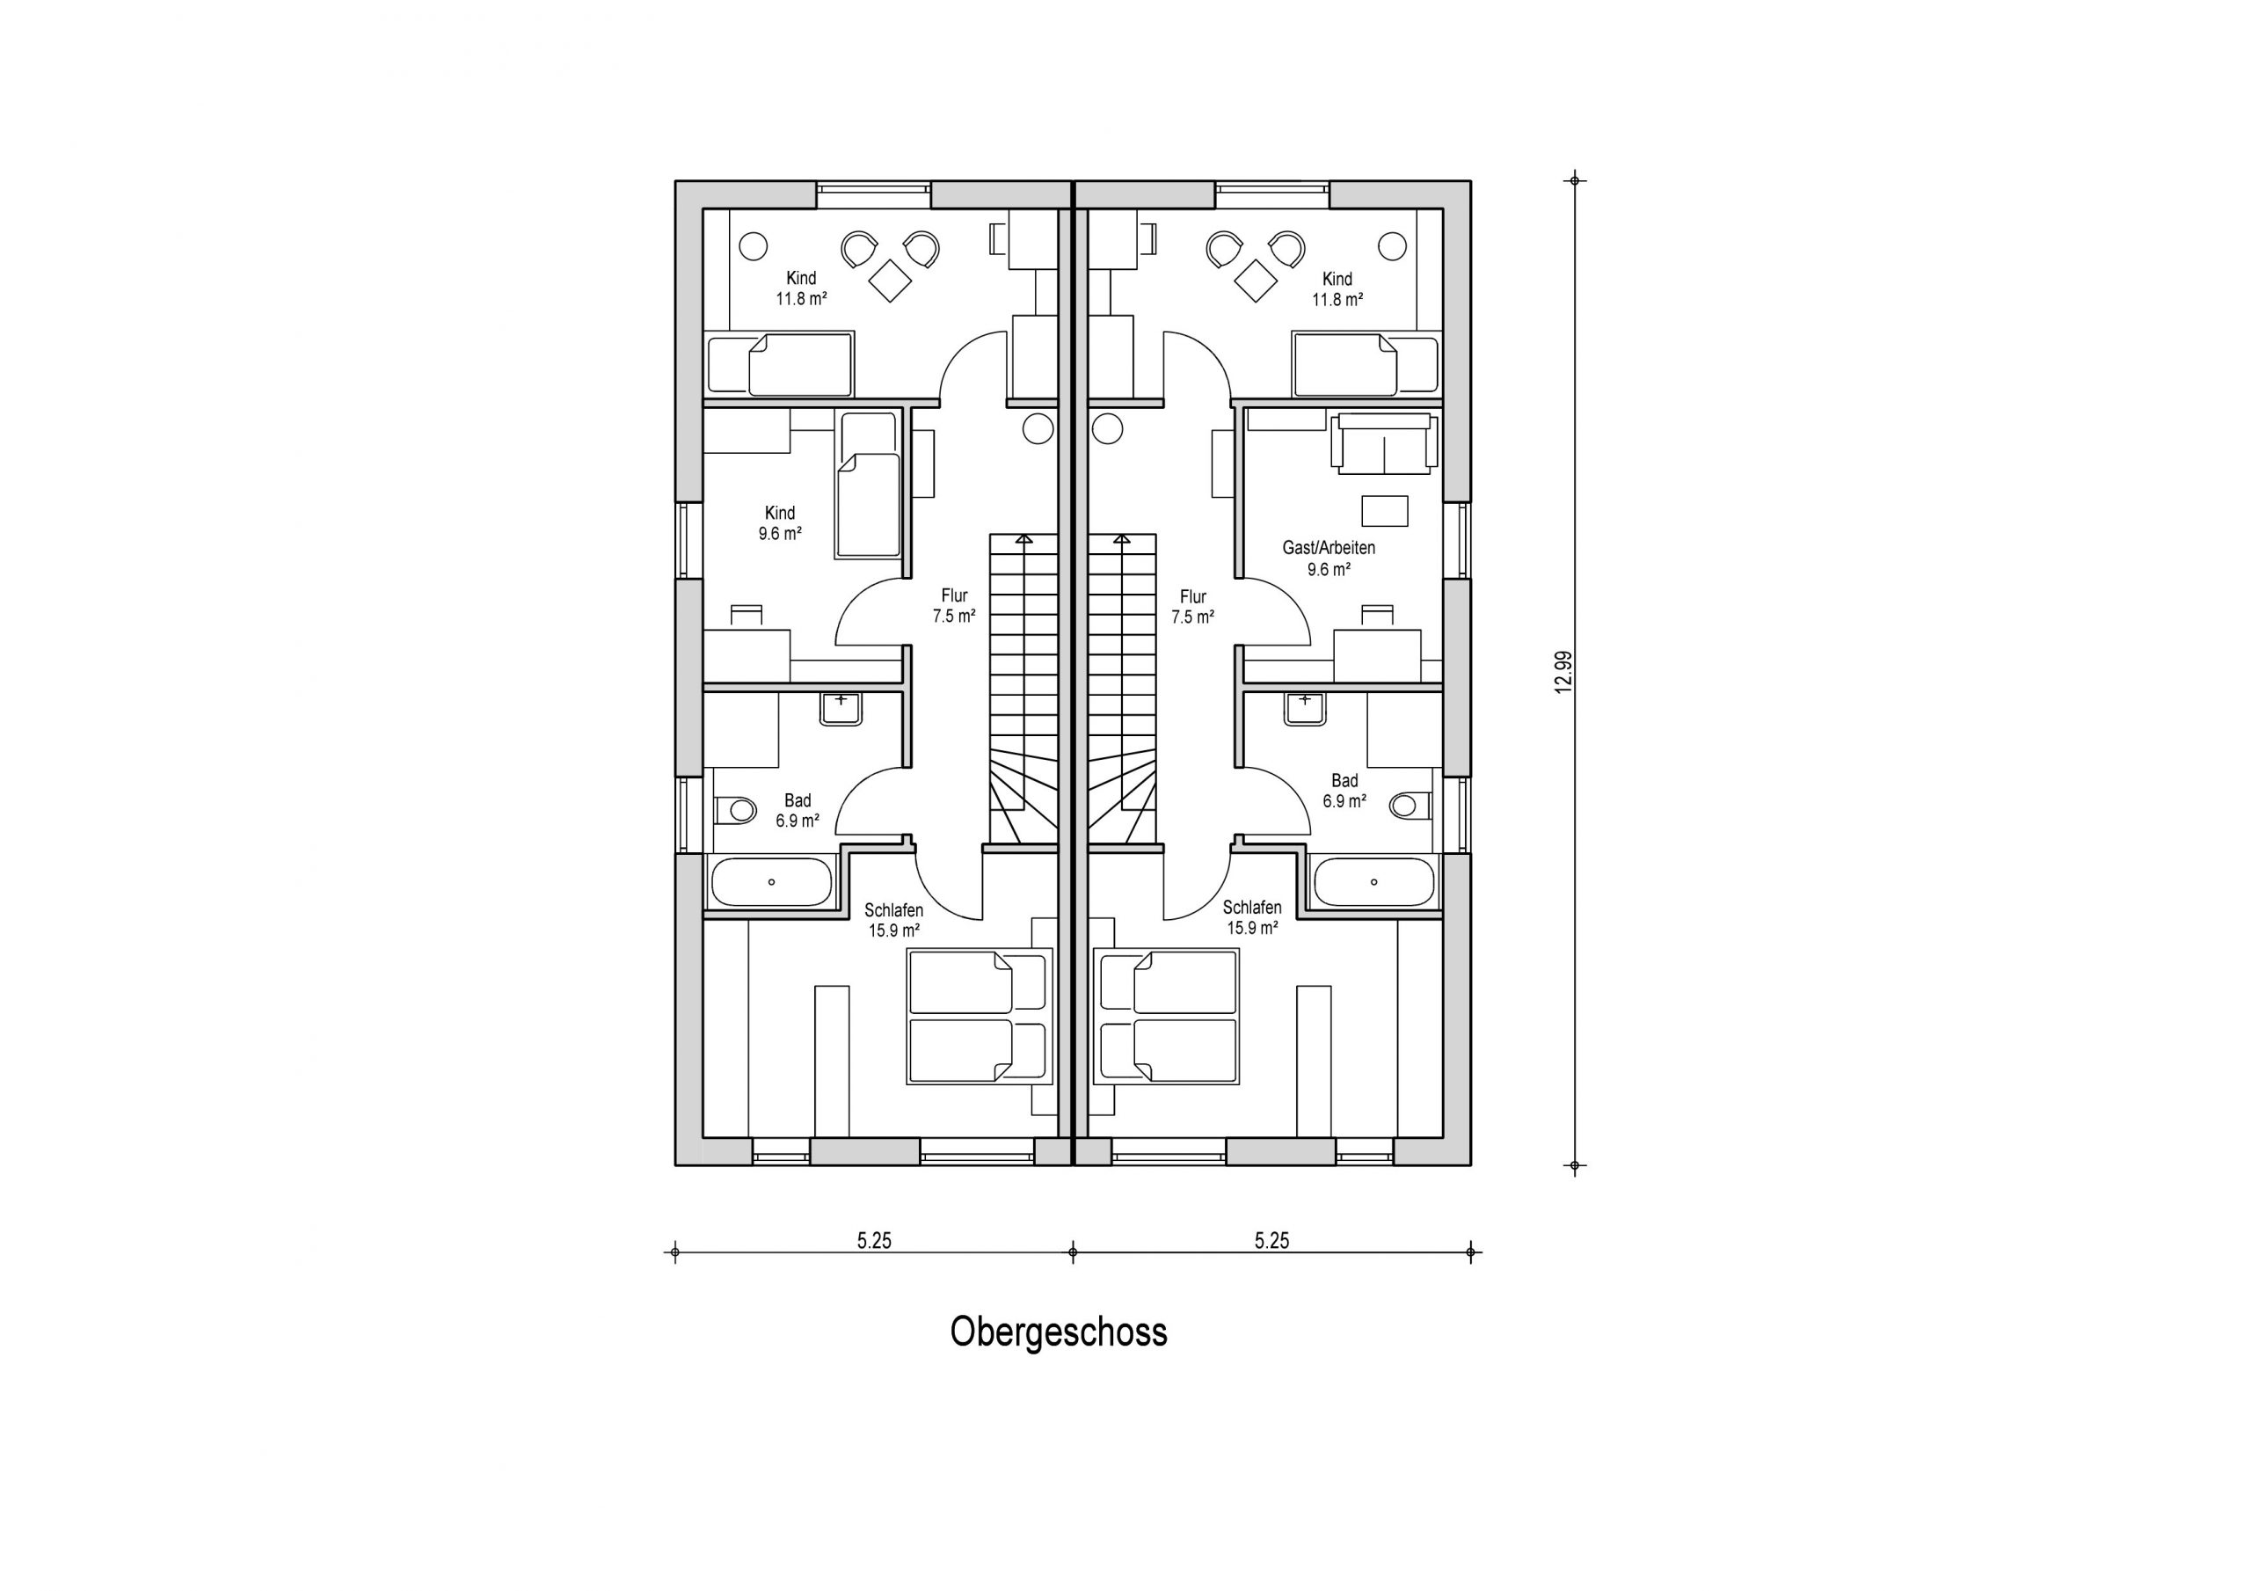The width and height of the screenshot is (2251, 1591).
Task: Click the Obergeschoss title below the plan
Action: (1058, 1333)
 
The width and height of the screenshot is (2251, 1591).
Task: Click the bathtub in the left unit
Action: (770, 882)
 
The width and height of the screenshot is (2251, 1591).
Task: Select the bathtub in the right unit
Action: (1373, 882)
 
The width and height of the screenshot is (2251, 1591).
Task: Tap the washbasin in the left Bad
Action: (841, 709)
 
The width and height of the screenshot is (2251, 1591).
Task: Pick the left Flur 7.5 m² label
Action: (954, 606)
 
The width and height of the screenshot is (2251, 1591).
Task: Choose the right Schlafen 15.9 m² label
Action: (1252, 917)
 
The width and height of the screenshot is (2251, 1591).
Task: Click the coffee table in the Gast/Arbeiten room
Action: (1384, 511)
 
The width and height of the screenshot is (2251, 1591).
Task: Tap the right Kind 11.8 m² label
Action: (1337, 289)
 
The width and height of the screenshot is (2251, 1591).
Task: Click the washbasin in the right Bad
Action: (1305, 709)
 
